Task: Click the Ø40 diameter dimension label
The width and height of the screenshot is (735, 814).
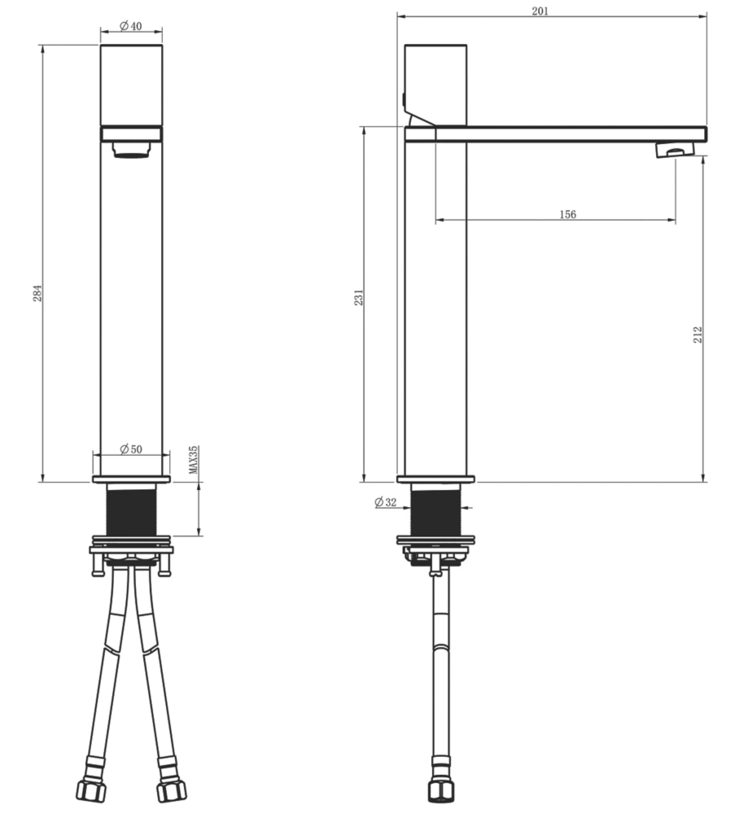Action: click(131, 25)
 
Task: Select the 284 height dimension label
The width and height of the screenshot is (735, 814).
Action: click(37, 293)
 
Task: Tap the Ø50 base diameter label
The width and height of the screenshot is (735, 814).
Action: click(131, 449)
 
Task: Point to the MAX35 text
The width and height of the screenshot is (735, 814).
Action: click(193, 459)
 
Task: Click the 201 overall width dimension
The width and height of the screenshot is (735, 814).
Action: click(540, 11)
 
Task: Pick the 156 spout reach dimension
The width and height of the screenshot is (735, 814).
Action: click(568, 214)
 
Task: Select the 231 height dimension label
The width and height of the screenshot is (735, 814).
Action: click(359, 297)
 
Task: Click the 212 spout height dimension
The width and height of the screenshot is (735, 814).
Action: click(698, 335)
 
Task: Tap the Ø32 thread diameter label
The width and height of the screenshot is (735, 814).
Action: click(385, 502)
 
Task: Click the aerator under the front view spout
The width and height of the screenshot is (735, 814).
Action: click(131, 150)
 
